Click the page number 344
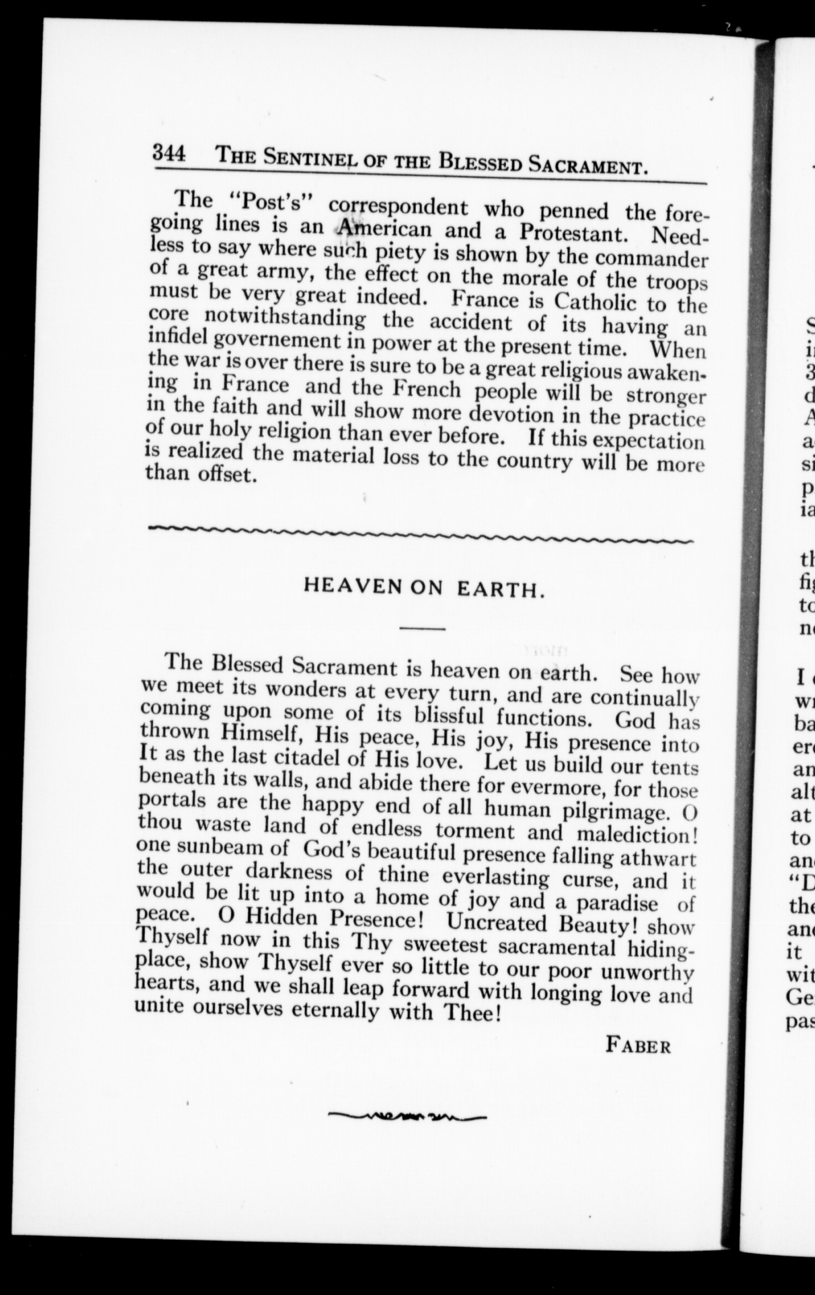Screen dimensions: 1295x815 point(169,151)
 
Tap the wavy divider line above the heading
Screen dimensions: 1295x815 point(421,532)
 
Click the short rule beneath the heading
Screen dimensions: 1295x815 point(422,629)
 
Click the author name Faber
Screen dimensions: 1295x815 point(638,1044)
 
